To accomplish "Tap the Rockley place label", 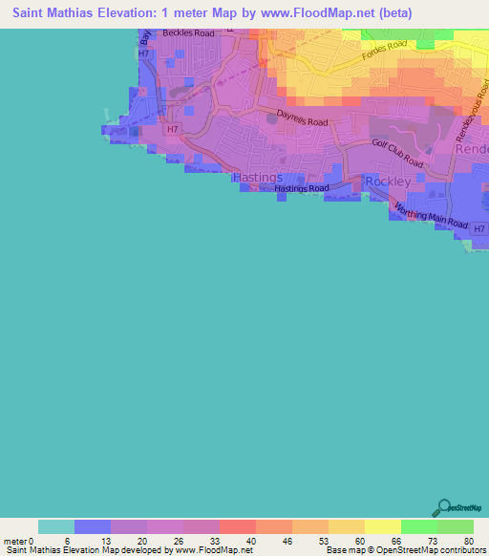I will coord(387,181).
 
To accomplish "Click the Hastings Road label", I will coord(301,189).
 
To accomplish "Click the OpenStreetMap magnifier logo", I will coord(444,507).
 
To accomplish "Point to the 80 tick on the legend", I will coord(469,541).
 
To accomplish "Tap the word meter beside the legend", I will coord(14,541).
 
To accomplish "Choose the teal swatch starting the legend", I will coord(56,526).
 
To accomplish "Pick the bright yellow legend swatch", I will coord(382,526).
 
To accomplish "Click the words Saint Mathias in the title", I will coord(57,13).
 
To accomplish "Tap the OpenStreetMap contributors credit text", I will coord(431,550).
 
